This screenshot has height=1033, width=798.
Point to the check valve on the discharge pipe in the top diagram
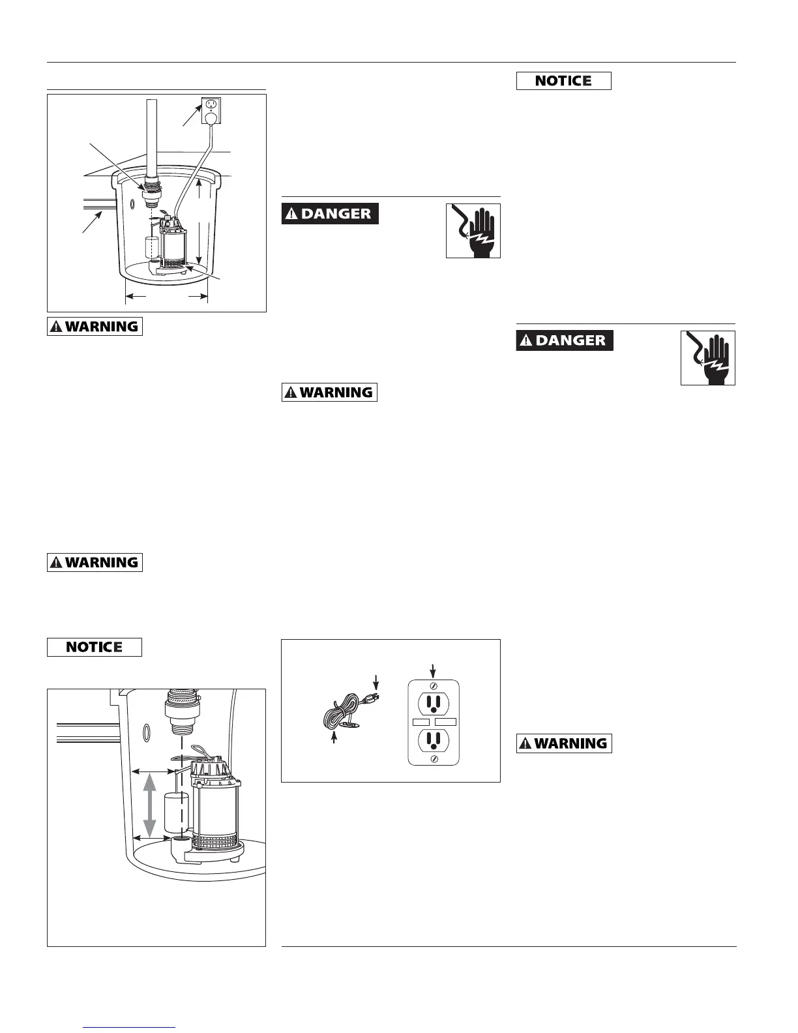(x=152, y=188)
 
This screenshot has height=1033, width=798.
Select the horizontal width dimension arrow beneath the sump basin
(x=166, y=296)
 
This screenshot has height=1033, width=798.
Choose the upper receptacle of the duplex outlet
(x=434, y=702)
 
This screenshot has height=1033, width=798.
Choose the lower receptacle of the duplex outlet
(x=434, y=739)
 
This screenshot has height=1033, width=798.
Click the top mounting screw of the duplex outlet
(x=434, y=685)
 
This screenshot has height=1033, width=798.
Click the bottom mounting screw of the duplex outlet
(x=434, y=758)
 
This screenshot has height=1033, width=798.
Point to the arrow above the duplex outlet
(x=434, y=669)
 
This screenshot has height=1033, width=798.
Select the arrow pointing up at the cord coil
(x=334, y=738)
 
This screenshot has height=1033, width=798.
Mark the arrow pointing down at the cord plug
(x=377, y=681)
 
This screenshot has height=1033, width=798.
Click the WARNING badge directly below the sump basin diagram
(x=95, y=326)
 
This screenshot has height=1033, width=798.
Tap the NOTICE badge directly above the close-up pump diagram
(x=95, y=647)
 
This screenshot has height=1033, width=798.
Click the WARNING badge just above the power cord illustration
(x=329, y=393)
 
